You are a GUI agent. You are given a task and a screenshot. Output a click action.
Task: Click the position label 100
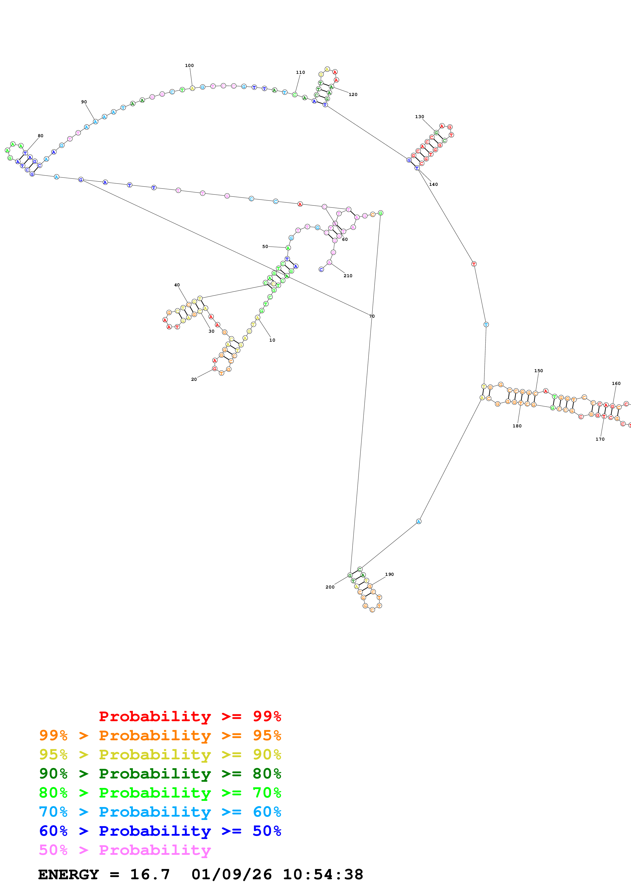click(189, 65)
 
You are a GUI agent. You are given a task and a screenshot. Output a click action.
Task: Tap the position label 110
click(301, 72)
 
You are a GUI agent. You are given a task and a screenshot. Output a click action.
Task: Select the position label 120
click(353, 94)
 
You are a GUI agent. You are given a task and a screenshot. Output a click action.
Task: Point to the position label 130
click(419, 117)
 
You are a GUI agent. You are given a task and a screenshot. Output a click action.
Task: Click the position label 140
click(433, 184)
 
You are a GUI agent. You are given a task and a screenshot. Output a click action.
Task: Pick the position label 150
click(538, 371)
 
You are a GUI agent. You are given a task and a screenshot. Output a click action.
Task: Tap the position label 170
click(600, 439)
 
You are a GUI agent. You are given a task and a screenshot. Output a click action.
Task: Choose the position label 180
click(517, 426)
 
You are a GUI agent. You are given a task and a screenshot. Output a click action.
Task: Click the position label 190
click(389, 574)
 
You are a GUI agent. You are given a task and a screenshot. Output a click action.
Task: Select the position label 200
click(330, 587)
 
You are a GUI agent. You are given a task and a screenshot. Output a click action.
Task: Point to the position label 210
click(348, 276)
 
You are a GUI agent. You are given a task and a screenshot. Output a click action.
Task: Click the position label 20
click(194, 379)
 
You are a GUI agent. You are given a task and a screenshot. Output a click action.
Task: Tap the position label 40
click(177, 285)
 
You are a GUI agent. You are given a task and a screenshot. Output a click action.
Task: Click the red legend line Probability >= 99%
click(190, 716)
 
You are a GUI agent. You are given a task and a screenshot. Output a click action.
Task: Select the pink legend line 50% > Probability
click(125, 850)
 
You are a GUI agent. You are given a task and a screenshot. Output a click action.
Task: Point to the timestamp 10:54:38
click(323, 875)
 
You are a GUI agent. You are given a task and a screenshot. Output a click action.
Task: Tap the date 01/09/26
click(232, 875)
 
